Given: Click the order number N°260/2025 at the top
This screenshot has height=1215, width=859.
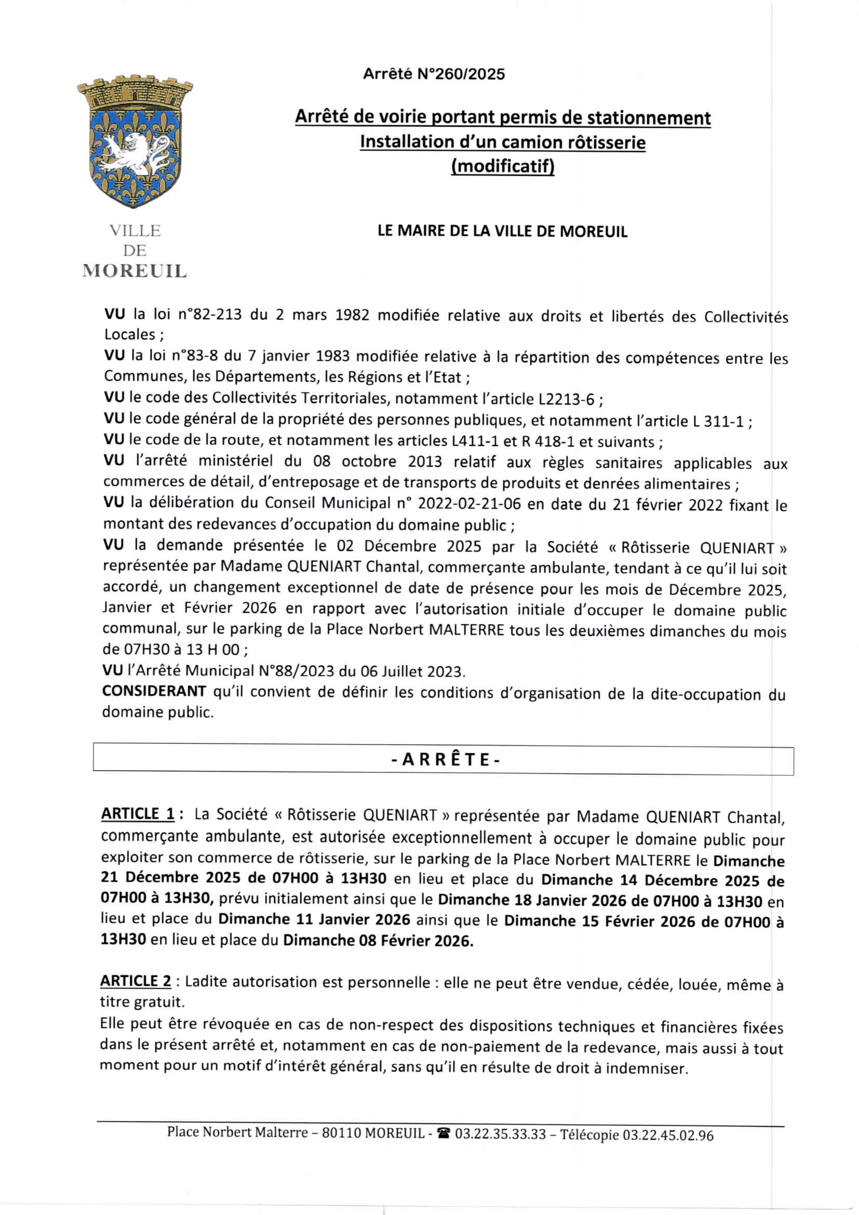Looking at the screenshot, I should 461,74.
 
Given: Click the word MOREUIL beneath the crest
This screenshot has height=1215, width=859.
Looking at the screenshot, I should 135,271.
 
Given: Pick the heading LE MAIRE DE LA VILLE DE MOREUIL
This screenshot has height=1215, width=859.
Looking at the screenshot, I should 502,232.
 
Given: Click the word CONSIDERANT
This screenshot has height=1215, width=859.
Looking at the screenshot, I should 154,691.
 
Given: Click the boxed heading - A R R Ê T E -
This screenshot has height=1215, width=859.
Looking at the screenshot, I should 445,760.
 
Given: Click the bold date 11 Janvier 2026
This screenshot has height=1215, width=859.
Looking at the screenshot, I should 353,920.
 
